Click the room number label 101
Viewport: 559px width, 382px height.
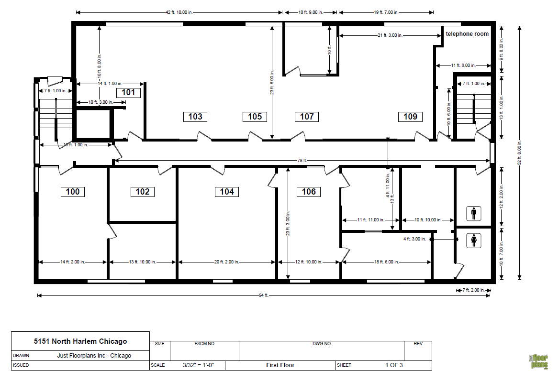[x=128, y=92]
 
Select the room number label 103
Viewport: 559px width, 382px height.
[x=195, y=116]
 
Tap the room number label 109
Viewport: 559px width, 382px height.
[x=410, y=116]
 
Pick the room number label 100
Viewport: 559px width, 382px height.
[x=73, y=192]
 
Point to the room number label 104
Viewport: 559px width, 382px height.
[x=227, y=192]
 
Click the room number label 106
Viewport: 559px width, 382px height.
[x=309, y=192]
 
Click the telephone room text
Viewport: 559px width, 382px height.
[x=467, y=34]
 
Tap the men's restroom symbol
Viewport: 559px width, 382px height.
[x=473, y=213]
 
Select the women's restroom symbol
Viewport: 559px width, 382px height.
[x=473, y=240]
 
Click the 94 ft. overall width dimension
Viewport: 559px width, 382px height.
[x=263, y=295]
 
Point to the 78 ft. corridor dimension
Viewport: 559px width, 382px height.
[x=302, y=161]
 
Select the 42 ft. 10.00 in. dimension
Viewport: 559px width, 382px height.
[x=179, y=12]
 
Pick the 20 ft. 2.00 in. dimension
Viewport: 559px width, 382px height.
[x=227, y=262]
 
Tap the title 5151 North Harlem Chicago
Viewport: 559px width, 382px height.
[x=80, y=341]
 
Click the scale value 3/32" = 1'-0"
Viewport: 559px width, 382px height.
[x=198, y=365]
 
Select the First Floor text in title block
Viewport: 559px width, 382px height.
[x=280, y=365]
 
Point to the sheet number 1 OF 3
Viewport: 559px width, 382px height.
[x=394, y=365]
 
